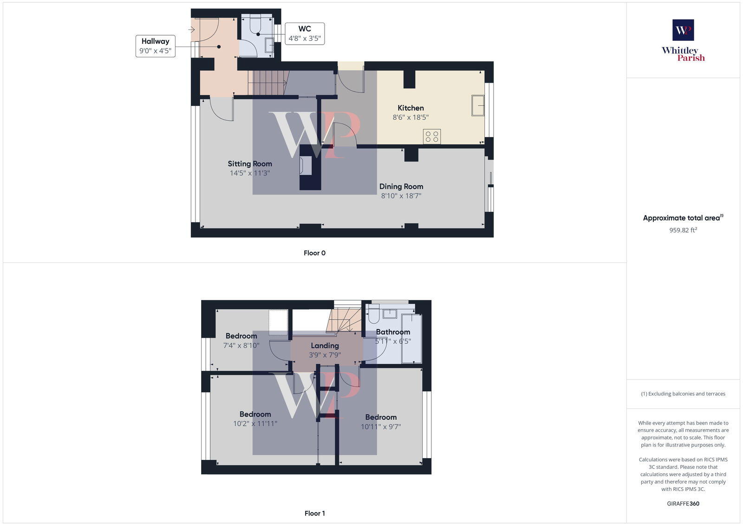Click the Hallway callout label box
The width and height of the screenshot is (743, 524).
[x=156, y=46]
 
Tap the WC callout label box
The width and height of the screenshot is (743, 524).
[x=305, y=33]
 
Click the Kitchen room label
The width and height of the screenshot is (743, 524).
[x=411, y=108]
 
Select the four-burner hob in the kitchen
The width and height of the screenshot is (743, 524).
[x=432, y=137]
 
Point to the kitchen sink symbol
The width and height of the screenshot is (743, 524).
[x=478, y=105]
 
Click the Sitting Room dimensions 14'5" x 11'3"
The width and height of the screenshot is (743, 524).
[x=250, y=173]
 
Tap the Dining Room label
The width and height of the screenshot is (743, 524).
[x=401, y=186]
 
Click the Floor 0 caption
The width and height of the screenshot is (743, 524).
[x=314, y=253]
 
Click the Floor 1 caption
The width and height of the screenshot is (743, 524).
[x=314, y=513]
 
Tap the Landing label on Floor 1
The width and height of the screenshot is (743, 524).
[x=325, y=346]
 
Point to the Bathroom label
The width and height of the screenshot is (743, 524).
[x=393, y=332]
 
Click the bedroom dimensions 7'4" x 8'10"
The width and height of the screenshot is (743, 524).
[x=241, y=346]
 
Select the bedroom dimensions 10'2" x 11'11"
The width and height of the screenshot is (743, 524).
[x=255, y=424]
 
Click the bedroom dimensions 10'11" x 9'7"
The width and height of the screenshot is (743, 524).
[x=381, y=426]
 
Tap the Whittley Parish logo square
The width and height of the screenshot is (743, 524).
[x=683, y=30]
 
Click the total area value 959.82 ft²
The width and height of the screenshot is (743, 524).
[x=683, y=230]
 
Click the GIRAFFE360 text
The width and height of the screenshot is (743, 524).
[x=683, y=504]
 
